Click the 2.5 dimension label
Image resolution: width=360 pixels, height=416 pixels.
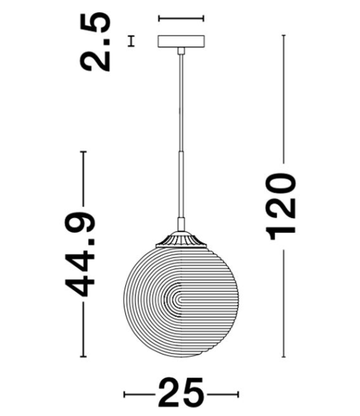tap(95, 42)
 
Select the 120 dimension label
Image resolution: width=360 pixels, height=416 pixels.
tap(282, 207)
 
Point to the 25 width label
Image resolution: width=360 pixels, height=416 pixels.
tap(181, 394)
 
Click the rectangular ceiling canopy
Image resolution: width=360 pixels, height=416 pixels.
tap(181, 41)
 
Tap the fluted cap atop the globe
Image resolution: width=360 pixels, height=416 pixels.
tap(181, 240)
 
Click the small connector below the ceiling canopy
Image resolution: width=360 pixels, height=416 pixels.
tap(181, 50)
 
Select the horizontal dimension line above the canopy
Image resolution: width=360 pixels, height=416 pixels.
tap(181, 18)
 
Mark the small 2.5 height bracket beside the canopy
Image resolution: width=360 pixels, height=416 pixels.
tap(131, 41)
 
